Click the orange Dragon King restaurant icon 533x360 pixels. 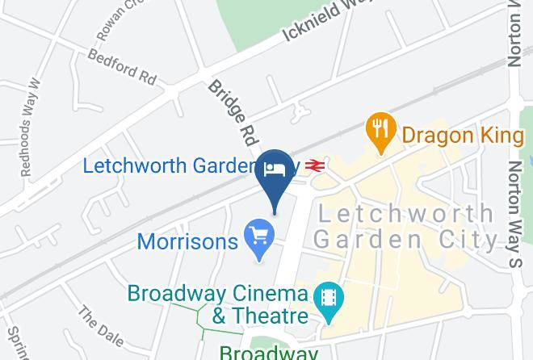point(380,129)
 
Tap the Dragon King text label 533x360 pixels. point(462,135)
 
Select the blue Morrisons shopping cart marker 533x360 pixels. point(260,237)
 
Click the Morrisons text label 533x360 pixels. point(187,241)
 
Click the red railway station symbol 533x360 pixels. point(315,165)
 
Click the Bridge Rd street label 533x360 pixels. point(231,107)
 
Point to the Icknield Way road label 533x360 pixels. point(323,23)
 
